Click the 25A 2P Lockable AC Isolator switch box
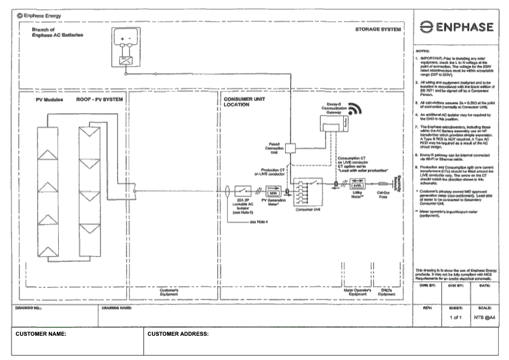coord(244,189)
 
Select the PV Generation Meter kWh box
coord(272,189)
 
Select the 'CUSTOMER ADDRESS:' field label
coord(178,334)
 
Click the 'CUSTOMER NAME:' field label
coord(41,334)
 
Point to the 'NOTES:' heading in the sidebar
coord(422,51)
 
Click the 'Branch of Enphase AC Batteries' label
coord(57,32)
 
